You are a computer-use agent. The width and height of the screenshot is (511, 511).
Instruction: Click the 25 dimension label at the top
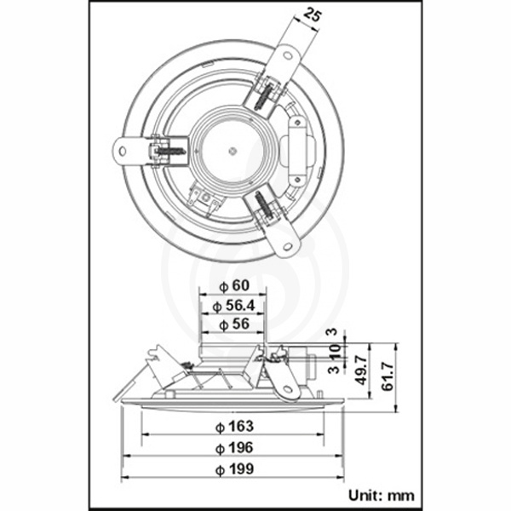click(x=312, y=15)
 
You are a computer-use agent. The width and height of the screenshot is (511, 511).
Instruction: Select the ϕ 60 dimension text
click(x=234, y=286)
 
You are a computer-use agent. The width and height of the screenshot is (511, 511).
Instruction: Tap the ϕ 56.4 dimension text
click(x=233, y=306)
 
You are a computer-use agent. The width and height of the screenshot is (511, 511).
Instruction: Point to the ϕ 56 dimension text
click(x=234, y=324)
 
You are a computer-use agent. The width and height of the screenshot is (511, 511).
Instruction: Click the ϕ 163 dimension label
click(x=235, y=427)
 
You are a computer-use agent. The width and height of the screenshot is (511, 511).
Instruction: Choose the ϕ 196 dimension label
click(x=234, y=448)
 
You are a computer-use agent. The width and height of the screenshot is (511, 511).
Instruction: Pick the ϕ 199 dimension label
click(x=235, y=469)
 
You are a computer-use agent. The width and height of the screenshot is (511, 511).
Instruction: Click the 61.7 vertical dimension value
click(x=388, y=376)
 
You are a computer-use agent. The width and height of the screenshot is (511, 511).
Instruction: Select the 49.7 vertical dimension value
click(x=362, y=370)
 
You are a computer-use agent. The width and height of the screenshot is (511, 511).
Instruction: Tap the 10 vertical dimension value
click(x=335, y=352)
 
